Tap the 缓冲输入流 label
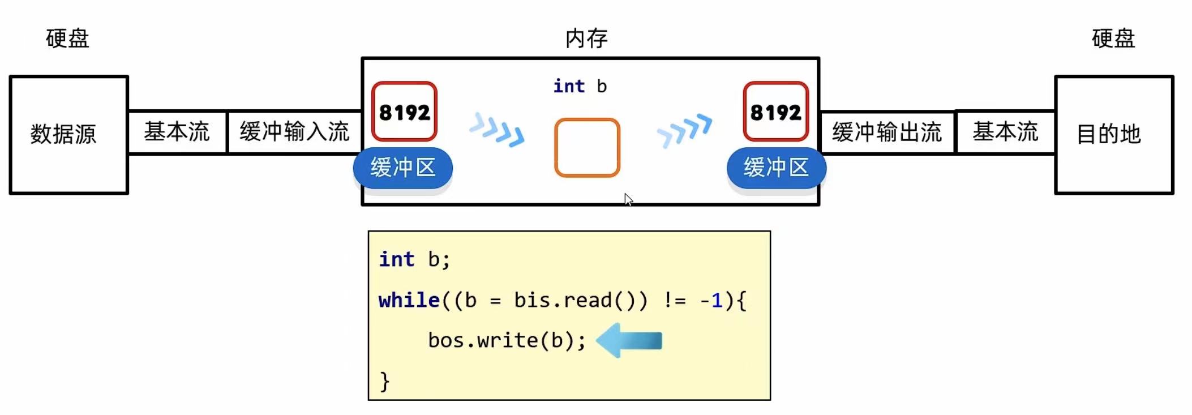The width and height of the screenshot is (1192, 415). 294,132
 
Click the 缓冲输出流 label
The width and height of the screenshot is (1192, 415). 887,132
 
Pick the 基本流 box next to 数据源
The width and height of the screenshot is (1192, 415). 177,132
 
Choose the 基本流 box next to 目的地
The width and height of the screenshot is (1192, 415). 1005,132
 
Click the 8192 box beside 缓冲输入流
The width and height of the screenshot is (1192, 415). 404,112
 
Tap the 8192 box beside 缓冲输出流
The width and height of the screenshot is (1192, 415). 775,112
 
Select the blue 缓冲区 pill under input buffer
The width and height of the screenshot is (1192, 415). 403,168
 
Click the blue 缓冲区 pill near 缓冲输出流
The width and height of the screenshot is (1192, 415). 776,168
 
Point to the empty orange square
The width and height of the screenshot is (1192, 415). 587,148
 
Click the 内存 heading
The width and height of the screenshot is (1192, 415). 586,38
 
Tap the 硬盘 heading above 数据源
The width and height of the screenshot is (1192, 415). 67,38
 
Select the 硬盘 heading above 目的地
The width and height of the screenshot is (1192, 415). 1113,38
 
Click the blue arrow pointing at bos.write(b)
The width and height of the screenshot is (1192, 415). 629,340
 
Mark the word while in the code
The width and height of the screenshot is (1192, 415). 409,300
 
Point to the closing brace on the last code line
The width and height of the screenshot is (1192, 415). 385,381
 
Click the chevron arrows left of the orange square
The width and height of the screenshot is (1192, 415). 497,130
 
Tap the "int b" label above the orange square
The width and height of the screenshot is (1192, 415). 580,86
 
